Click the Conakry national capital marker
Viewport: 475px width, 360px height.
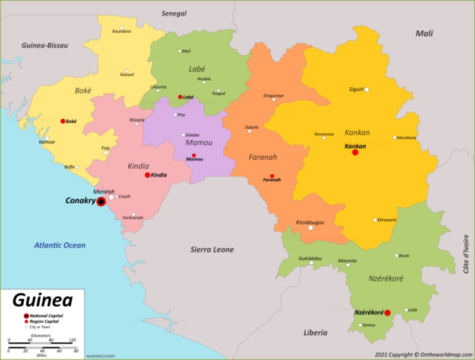101,202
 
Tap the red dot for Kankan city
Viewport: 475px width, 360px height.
355,153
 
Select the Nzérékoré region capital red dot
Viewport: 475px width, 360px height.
387,313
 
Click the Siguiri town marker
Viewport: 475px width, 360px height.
367,90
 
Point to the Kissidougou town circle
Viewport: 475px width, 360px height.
310,228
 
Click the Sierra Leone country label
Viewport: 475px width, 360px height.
212,250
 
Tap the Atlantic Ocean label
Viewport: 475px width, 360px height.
59,245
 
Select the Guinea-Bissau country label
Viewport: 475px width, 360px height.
45,45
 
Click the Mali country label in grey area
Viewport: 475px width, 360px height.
424,33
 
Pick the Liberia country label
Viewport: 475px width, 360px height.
315,333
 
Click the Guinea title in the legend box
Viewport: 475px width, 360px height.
43,301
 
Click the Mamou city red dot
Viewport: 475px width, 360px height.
194,155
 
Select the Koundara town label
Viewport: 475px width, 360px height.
122,31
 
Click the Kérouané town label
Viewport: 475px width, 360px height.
387,220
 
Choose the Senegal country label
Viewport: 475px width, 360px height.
174,13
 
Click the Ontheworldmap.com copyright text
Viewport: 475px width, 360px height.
423,355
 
